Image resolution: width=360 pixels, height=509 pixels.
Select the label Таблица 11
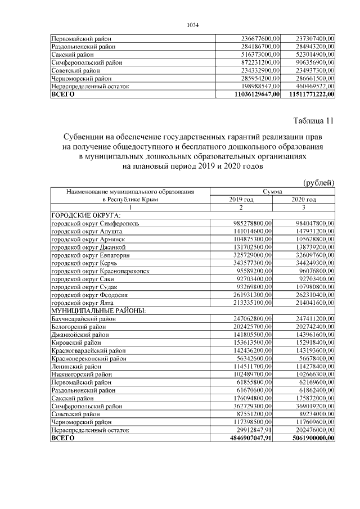pyautogui.click(x=314, y=121)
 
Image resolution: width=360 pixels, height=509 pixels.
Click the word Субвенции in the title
pyautogui.click(x=87, y=137)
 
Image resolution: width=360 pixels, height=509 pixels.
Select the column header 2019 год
pyautogui.click(x=241, y=200)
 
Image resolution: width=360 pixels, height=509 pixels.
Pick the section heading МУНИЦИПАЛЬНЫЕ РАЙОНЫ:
pyautogui.click(x=98, y=310)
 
